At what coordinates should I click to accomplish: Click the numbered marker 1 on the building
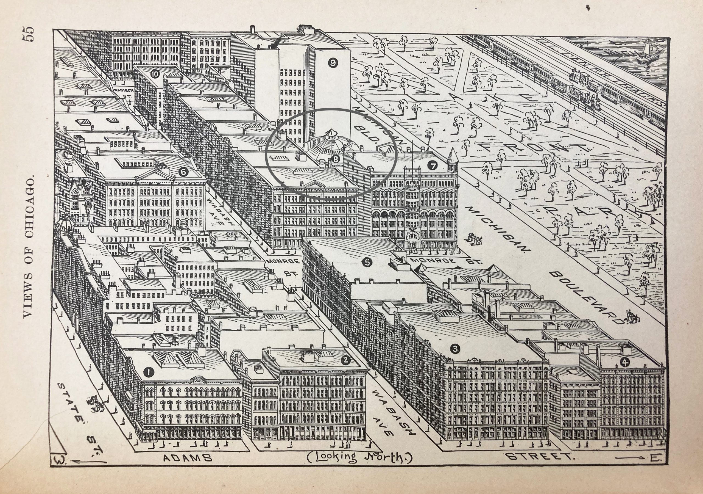pos(149,372)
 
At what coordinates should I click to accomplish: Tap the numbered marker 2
pos(345,360)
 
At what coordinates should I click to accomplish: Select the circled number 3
pos(456,348)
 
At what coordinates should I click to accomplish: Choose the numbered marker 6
pos(183,172)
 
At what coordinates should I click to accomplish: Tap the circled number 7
pos(432,166)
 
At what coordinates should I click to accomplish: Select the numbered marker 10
pos(155,74)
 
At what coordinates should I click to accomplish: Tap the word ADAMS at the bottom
pos(187,467)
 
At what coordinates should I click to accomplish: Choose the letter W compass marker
pos(57,467)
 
